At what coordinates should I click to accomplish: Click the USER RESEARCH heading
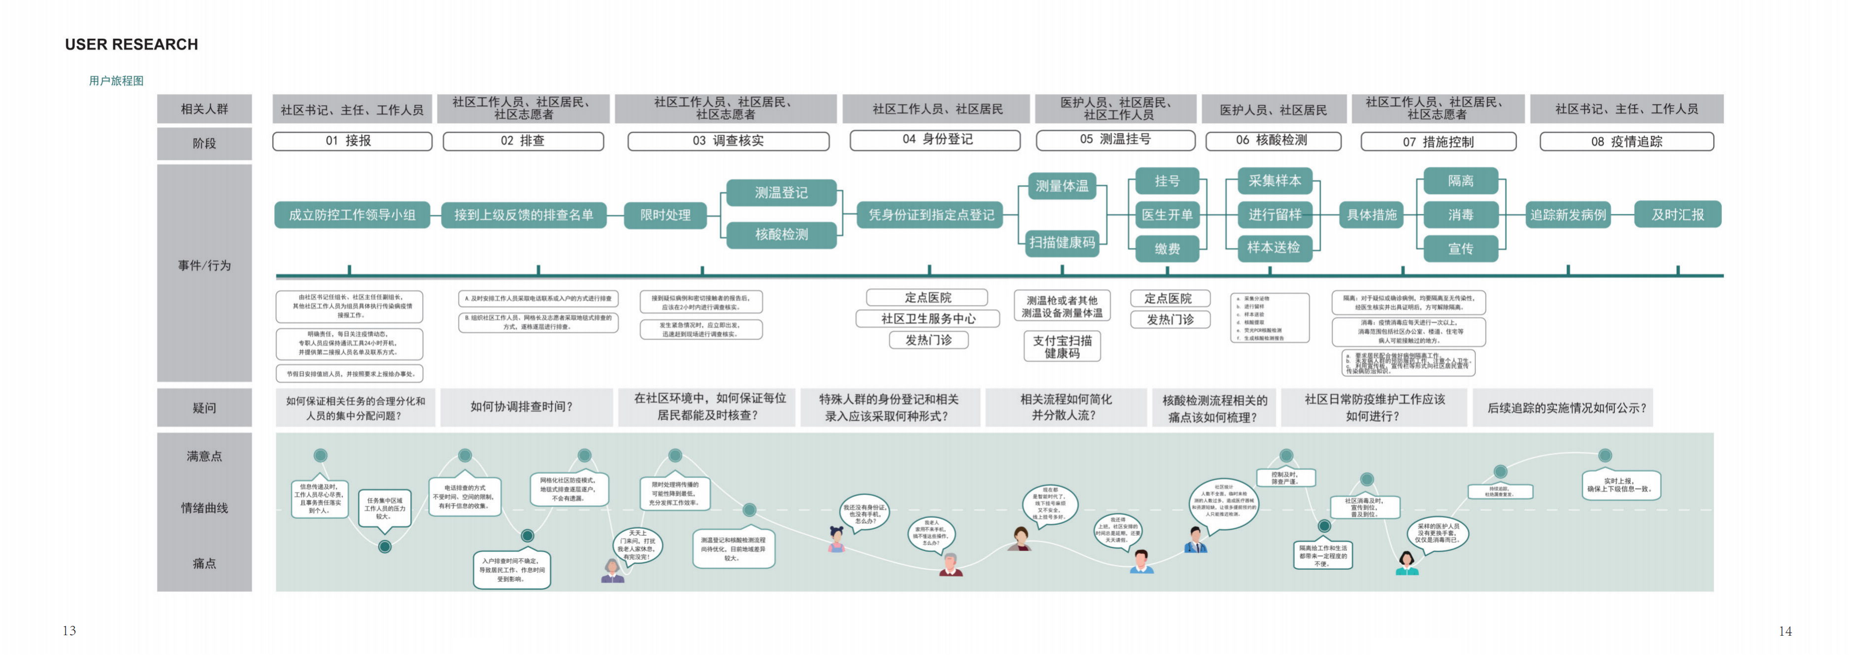click(x=132, y=45)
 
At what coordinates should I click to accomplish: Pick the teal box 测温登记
click(x=781, y=193)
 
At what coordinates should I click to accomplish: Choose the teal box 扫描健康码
click(x=1062, y=242)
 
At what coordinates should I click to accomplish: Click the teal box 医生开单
click(x=1167, y=215)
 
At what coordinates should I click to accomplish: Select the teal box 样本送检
click(x=1273, y=248)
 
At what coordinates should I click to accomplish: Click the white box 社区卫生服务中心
click(x=927, y=318)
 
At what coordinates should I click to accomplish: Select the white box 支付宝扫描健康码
click(x=1062, y=347)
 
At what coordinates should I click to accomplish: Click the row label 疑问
click(x=204, y=407)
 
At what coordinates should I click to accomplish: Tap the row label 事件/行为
click(x=204, y=266)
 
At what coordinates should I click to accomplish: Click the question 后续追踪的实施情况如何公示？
click(x=1566, y=407)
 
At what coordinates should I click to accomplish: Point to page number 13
click(x=69, y=631)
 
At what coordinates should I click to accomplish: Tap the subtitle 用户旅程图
click(x=116, y=81)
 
